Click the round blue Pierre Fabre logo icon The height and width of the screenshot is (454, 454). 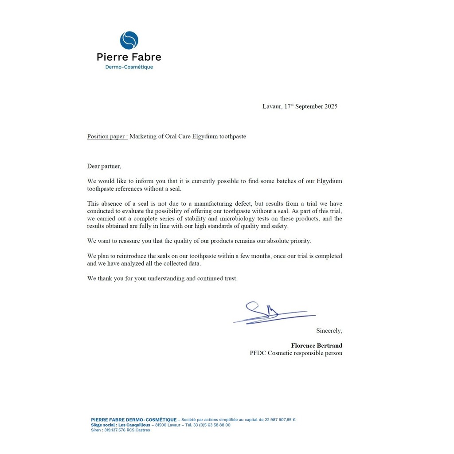(x=129, y=40)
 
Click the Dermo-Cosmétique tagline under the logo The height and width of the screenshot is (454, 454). (x=129, y=67)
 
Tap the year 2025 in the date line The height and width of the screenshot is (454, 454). (x=331, y=106)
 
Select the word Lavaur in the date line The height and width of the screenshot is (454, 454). (x=272, y=106)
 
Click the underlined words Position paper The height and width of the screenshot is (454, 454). (x=107, y=137)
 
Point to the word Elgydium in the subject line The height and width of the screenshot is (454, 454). (x=205, y=137)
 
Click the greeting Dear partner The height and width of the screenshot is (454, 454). (x=104, y=166)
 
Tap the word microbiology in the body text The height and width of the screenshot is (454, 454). (x=263, y=219)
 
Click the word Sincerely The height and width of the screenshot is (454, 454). (x=329, y=331)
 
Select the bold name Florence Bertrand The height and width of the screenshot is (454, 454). (x=317, y=345)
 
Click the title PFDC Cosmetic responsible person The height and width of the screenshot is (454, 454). (x=296, y=353)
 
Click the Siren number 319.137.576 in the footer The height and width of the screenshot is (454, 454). (x=114, y=430)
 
